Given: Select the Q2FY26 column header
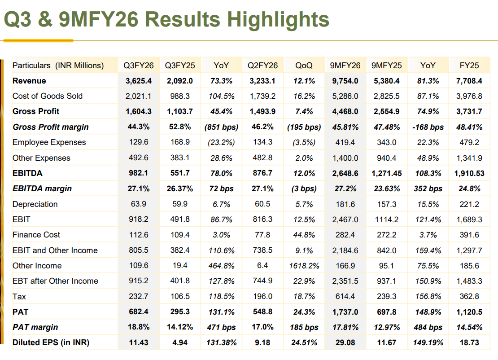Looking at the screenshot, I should [262, 66].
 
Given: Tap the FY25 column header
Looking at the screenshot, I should [469, 66].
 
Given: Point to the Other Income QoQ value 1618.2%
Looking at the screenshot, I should [304, 266].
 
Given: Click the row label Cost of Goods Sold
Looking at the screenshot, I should [48, 96].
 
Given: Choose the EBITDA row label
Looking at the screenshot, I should [27, 173].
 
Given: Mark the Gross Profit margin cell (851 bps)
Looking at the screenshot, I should [221, 127].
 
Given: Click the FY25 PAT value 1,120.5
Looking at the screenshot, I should [469, 312].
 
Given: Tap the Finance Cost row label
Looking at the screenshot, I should [36, 235].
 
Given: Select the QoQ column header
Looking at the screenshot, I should [304, 66].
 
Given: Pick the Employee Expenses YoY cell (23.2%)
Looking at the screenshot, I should [221, 142].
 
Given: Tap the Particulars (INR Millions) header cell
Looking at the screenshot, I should [58, 66].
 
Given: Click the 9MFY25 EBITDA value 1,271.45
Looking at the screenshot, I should [386, 173].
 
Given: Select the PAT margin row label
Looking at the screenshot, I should [35, 327].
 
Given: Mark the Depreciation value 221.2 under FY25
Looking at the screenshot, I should [469, 204].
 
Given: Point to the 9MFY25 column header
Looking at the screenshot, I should [386, 66].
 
